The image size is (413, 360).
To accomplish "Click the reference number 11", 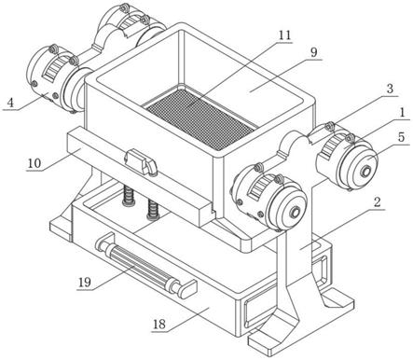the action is pyautogui.click(x=284, y=35).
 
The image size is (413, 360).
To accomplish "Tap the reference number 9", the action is pyautogui.click(x=313, y=52).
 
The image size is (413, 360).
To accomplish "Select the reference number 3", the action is pyautogui.click(x=390, y=89).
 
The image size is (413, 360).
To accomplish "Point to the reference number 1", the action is pyautogui.click(x=402, y=113).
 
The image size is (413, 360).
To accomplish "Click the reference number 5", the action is pyautogui.click(x=402, y=136).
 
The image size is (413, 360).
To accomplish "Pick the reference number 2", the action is pyautogui.click(x=377, y=202).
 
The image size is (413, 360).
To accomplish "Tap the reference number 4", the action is pyautogui.click(x=11, y=103).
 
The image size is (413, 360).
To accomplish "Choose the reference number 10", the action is pyautogui.click(x=34, y=163).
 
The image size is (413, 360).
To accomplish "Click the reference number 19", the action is pyautogui.click(x=84, y=283).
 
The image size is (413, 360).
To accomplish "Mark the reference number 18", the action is pyautogui.click(x=159, y=325).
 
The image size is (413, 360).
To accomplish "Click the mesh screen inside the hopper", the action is pyautogui.click(x=201, y=118).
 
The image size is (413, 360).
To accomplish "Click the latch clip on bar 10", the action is pyautogui.click(x=141, y=162).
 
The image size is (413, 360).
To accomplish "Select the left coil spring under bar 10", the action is pyautogui.click(x=129, y=196).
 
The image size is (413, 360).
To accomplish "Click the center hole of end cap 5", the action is pyautogui.click(x=365, y=172).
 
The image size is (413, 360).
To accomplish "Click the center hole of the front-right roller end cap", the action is pyautogui.click(x=294, y=213).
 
